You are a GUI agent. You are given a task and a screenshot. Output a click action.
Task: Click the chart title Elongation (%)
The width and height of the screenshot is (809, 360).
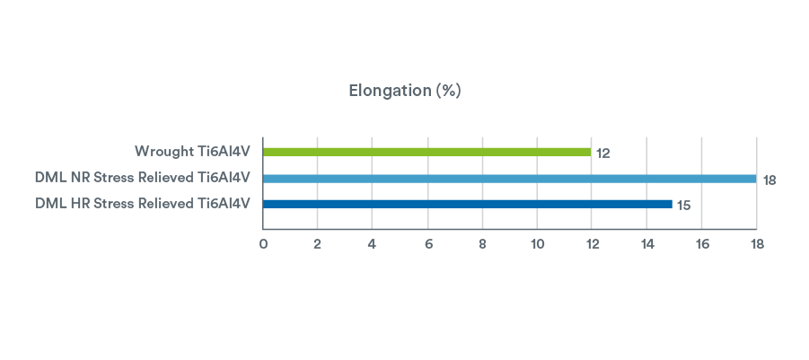pyautogui.click(x=404, y=92)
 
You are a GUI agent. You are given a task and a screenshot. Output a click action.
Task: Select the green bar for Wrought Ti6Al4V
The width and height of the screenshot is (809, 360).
pyautogui.click(x=426, y=152)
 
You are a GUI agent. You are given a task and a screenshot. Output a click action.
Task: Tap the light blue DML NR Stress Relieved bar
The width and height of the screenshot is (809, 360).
pyautogui.click(x=509, y=178)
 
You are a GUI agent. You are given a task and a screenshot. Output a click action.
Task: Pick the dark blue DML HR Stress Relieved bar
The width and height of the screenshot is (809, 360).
pyautogui.click(x=467, y=204)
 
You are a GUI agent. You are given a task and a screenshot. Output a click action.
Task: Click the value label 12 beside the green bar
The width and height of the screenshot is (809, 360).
pyautogui.click(x=603, y=154)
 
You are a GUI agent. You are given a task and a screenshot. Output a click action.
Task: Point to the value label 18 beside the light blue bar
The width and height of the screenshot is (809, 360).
pyautogui.click(x=769, y=180)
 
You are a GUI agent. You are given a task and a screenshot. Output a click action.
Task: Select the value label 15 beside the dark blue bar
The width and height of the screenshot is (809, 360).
pyautogui.click(x=684, y=206)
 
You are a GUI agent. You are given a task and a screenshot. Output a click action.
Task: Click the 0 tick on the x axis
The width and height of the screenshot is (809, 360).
pyautogui.click(x=263, y=244)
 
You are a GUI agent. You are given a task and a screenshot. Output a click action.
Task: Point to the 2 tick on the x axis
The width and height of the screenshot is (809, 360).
pyautogui.click(x=318, y=244)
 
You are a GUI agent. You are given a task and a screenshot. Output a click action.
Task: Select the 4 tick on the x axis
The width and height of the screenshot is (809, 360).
pyautogui.click(x=373, y=244)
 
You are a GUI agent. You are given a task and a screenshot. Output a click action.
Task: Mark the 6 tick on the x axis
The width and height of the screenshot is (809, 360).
pyautogui.click(x=428, y=244)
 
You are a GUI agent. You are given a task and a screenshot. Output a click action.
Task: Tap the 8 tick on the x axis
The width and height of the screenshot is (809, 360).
pyautogui.click(x=483, y=244)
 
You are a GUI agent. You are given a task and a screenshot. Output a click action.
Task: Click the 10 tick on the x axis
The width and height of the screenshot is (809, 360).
pyautogui.click(x=538, y=244)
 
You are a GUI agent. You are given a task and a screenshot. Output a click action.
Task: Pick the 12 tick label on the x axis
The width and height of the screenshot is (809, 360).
pyautogui.click(x=593, y=244)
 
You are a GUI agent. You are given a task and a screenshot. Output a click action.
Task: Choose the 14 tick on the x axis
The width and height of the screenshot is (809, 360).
pyautogui.click(x=647, y=244)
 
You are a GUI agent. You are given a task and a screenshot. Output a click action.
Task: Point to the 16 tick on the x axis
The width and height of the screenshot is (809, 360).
pyautogui.click(x=702, y=244)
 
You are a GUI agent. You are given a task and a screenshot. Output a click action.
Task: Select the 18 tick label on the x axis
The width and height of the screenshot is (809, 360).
pyautogui.click(x=757, y=244)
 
